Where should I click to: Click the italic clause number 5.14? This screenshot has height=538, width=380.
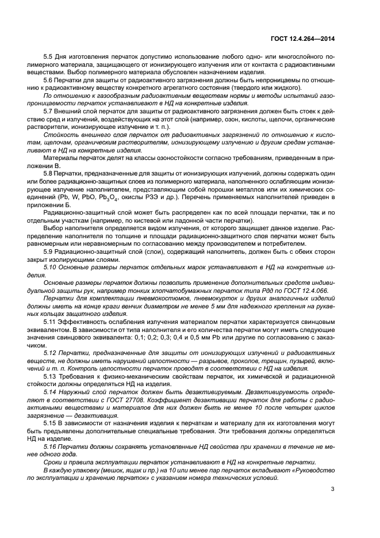pyautogui.click(x=50, y=392)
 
